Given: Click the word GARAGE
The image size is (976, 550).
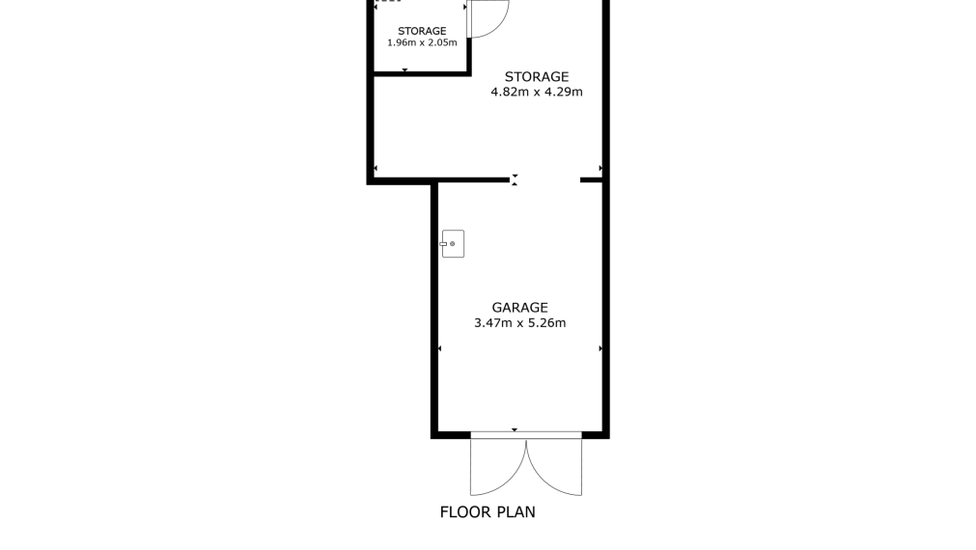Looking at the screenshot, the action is click(x=519, y=308).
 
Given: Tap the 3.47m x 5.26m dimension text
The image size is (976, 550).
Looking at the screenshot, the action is click(x=519, y=323).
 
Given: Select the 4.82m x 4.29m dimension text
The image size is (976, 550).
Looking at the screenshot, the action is click(x=537, y=92).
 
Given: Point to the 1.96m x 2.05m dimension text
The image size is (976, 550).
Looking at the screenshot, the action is click(x=422, y=42).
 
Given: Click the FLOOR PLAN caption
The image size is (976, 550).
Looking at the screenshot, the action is click(x=488, y=512).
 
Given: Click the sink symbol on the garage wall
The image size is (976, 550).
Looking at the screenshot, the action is click(x=453, y=244).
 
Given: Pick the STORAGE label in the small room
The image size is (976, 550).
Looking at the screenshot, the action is click(x=422, y=31).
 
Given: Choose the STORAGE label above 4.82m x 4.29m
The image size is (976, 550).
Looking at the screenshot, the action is click(x=537, y=76).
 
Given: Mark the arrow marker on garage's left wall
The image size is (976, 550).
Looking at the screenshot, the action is click(x=440, y=348).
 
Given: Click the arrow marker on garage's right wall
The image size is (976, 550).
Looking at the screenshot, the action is click(x=600, y=348).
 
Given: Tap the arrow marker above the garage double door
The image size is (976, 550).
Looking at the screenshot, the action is click(x=515, y=430).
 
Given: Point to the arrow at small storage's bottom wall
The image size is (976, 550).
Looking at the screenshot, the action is click(x=405, y=70).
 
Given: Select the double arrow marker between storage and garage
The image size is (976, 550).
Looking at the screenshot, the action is click(x=515, y=180).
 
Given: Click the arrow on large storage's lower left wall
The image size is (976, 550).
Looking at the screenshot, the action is click(x=376, y=168).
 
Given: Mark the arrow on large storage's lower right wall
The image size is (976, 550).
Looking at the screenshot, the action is click(x=600, y=168).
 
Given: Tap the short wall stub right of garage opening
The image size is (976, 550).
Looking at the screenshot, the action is click(x=592, y=179).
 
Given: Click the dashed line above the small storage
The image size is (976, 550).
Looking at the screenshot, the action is click(x=388, y=1).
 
